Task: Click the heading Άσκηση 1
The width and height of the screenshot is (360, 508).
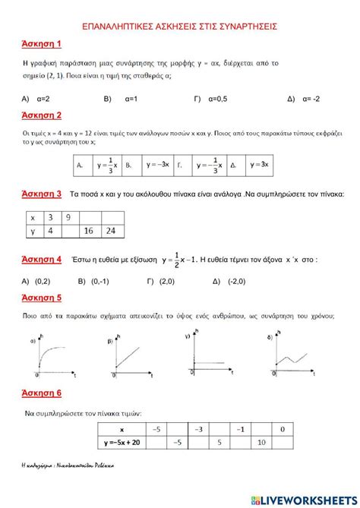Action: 43,45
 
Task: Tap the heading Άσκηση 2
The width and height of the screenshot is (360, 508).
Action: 43,115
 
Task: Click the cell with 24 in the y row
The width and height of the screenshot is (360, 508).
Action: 112,231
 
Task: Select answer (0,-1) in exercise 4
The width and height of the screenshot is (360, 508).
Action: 99,280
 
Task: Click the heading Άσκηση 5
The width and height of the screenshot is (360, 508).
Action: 43,298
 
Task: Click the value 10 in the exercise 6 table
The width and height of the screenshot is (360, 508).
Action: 261,441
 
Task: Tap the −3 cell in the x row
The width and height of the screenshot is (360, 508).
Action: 197,429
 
